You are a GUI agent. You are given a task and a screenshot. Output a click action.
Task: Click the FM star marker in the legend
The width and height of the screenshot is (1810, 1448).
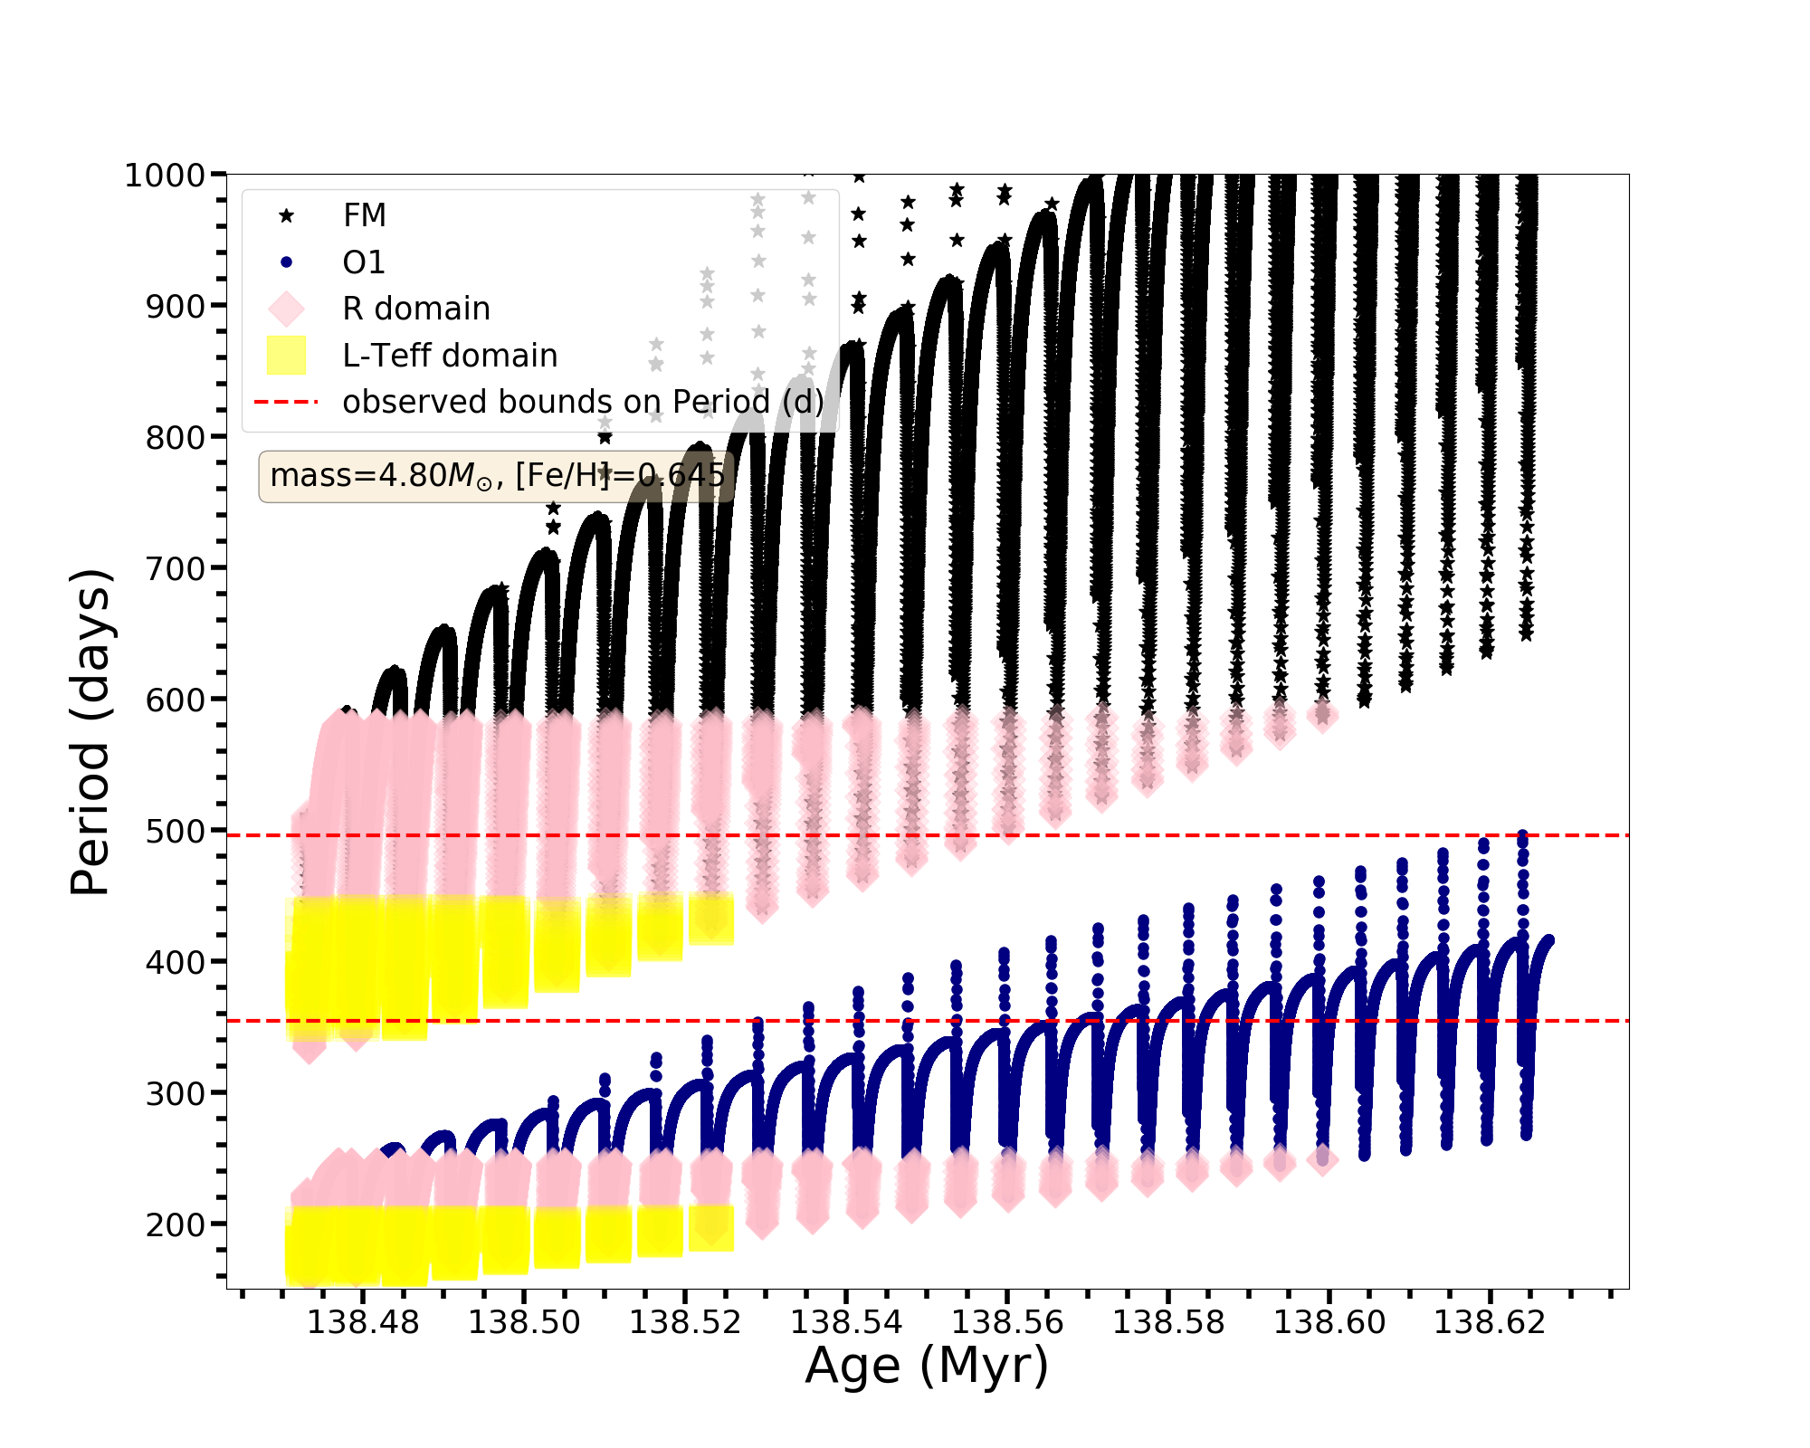coord(286,215)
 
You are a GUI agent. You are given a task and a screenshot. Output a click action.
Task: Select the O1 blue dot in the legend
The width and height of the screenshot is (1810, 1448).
coord(286,262)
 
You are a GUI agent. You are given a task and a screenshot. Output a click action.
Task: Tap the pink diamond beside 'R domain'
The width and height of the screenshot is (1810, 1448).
coord(286,309)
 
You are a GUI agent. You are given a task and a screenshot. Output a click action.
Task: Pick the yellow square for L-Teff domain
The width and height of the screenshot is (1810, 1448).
coord(286,355)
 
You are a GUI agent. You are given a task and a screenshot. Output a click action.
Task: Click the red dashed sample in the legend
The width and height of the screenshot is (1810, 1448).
coord(286,402)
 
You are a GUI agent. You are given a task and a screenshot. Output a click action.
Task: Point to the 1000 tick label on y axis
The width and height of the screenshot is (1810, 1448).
coord(164,176)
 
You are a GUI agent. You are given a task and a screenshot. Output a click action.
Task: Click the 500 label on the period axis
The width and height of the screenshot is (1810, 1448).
coord(176,832)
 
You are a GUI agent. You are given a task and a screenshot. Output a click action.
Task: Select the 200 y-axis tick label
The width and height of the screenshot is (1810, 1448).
coord(176,1224)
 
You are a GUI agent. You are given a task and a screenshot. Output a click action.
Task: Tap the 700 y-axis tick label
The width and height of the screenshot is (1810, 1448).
coord(176,569)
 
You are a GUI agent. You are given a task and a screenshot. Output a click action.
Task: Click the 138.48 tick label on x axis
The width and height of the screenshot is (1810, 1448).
coord(363,1322)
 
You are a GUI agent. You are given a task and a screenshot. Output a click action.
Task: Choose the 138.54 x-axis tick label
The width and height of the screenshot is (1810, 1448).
coord(846,1322)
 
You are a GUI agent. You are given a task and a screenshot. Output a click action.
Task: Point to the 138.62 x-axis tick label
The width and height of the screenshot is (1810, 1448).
coord(1490,1322)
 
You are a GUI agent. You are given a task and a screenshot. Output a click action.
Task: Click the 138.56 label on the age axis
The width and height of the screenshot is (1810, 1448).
coord(1007,1322)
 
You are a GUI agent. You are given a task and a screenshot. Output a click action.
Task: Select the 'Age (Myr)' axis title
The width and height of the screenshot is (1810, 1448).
coord(927,1366)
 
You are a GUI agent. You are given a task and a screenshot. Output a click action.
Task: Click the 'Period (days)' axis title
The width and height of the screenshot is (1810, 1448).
coord(90,732)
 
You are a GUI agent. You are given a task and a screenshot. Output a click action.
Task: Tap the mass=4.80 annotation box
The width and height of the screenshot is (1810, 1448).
coord(497,476)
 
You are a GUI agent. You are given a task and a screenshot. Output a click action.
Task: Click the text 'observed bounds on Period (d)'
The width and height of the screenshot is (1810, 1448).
coord(583,402)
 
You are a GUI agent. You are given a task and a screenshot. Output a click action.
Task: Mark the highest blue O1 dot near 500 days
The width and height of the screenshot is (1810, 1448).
coord(1522,835)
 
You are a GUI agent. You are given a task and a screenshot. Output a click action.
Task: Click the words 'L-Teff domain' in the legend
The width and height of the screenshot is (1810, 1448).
coord(450,356)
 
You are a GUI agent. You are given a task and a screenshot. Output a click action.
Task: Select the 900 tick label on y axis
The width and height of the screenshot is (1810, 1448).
coord(176,307)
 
